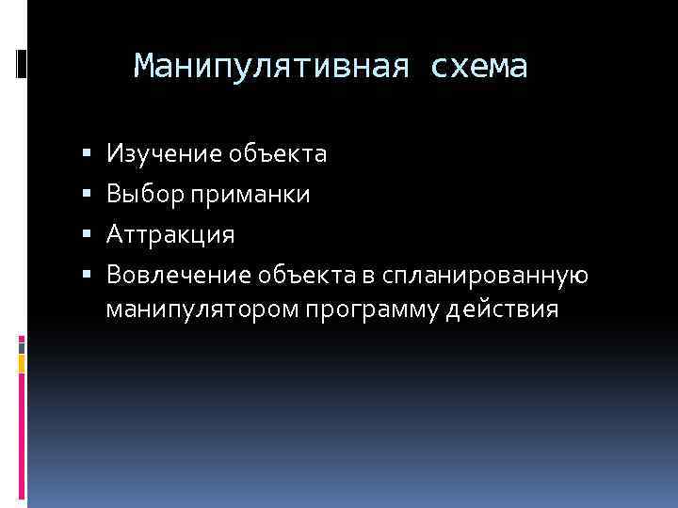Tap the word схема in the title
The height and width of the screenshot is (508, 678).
[x=479, y=66]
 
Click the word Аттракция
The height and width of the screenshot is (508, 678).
[x=170, y=234]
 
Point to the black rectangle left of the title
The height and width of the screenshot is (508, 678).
[x=22, y=63]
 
